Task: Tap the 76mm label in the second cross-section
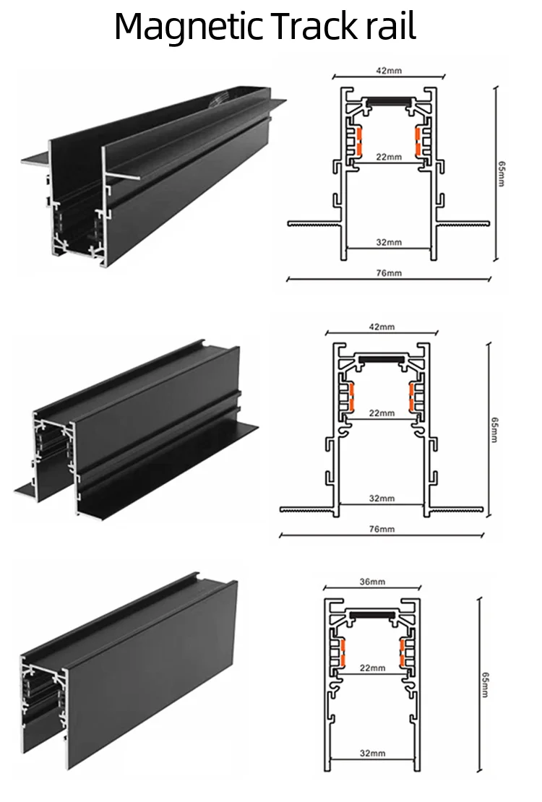(381, 530)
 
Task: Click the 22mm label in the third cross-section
(372, 668)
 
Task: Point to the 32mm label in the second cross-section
(381, 499)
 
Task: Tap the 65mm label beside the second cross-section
(494, 429)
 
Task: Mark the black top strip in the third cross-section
(371, 614)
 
